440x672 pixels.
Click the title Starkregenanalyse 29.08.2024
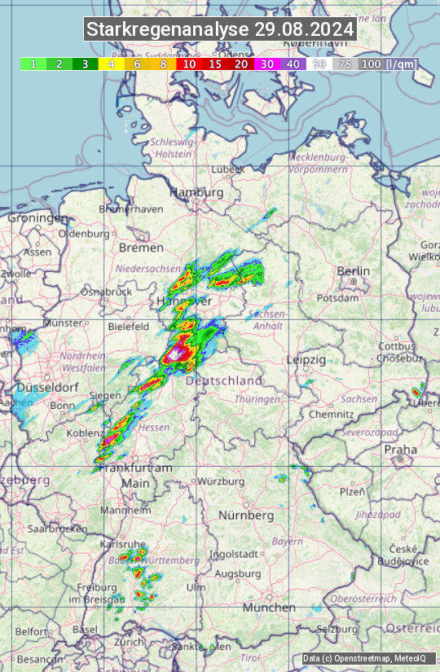point(220,30)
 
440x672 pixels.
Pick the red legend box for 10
point(189,64)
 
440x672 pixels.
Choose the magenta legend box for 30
point(266,64)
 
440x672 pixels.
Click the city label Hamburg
point(196,192)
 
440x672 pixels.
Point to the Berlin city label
point(353,271)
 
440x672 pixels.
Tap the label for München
point(269,608)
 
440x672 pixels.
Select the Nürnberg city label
point(246,516)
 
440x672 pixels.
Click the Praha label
point(401,449)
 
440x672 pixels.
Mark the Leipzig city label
point(306,359)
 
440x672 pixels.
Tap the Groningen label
point(37,218)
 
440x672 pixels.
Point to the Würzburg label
point(222,481)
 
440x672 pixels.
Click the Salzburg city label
point(337,629)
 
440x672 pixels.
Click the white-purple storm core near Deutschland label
point(175,354)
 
